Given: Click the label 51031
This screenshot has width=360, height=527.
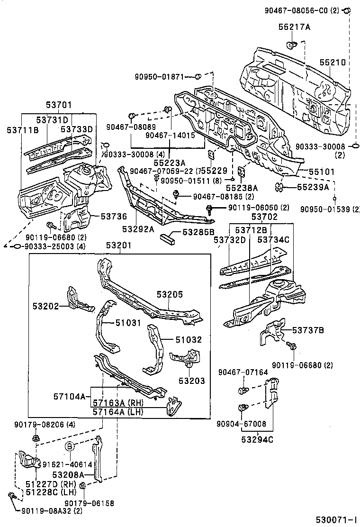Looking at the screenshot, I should [128, 323].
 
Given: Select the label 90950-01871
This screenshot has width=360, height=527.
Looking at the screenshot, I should [159, 76].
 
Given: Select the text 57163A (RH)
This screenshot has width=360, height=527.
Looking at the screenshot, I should [117, 403].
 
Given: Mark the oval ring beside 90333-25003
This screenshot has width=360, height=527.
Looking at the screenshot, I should [16, 246].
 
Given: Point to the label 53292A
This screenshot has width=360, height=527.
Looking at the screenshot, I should [138, 229].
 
